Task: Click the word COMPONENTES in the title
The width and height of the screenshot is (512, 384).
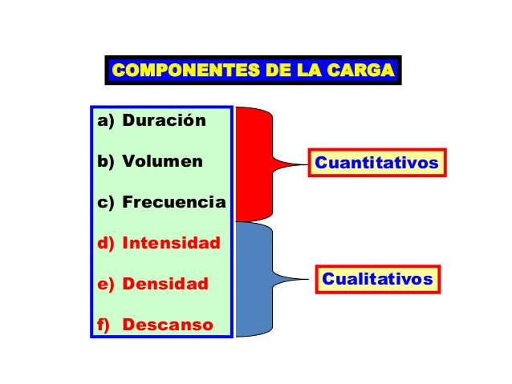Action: (186, 70)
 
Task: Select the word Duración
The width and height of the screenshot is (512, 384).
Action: (164, 120)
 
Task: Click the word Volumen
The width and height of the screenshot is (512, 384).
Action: (162, 161)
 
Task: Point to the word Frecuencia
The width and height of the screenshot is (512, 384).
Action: (174, 202)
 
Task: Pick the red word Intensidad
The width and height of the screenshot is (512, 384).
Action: (171, 243)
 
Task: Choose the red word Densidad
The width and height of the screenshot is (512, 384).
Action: (165, 284)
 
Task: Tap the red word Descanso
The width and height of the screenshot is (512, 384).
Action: (168, 325)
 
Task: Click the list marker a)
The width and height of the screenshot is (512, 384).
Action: (106, 121)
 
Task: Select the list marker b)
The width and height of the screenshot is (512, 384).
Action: (106, 162)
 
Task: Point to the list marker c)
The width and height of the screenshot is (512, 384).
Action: (106, 203)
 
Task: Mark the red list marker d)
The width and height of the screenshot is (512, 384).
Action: (106, 244)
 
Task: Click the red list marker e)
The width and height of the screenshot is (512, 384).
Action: (106, 285)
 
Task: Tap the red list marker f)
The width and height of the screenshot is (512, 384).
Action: (104, 325)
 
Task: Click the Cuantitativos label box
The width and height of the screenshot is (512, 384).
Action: (377, 163)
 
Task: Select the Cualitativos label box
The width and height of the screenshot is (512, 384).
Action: (378, 279)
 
